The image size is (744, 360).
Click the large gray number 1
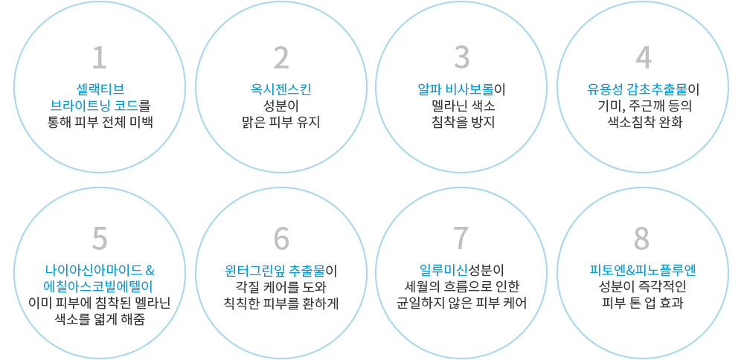pos(99,57)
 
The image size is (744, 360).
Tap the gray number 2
pos(281,57)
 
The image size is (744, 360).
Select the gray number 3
pos(461,57)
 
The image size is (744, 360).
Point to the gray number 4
pos(644,57)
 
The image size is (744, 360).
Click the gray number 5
pos(99,238)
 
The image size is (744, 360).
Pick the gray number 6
pos(281,238)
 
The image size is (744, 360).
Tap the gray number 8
pos(642,238)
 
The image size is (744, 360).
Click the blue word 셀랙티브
pos(100,89)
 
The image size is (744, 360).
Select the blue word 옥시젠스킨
pos(281,89)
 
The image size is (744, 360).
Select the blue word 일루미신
pos(443,271)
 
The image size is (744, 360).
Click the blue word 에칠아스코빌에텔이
pos(100,287)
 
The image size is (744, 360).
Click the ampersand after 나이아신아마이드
pos(150,271)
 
